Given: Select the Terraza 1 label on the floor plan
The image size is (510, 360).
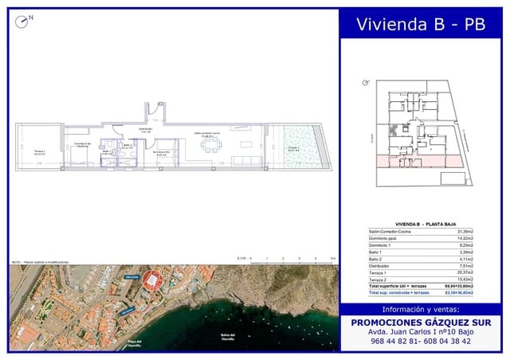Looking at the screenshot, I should pos(40,152).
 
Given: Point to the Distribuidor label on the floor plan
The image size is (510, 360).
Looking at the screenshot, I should pos(146,129).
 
